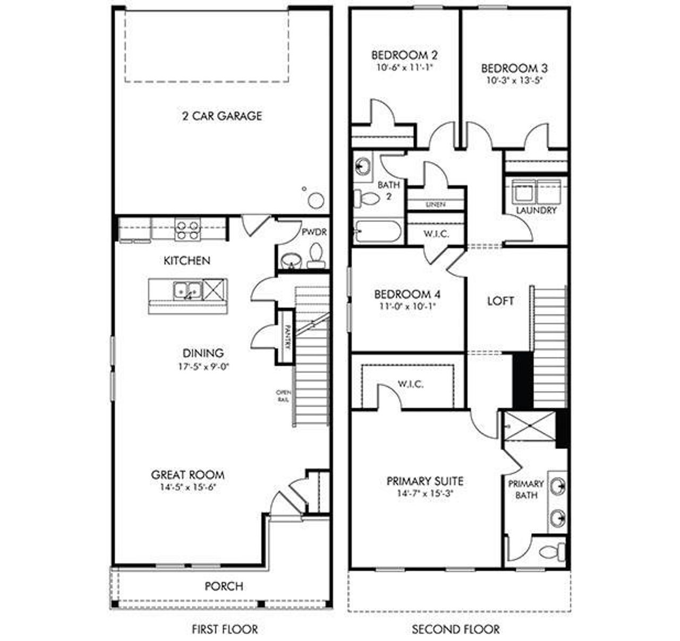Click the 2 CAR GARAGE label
(x=222, y=116)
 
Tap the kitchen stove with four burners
(x=188, y=229)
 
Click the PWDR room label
(x=313, y=232)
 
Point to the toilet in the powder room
(x=316, y=255)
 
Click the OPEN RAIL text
(x=283, y=396)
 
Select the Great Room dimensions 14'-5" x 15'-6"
(x=188, y=488)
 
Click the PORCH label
(x=224, y=586)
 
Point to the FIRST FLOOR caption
(x=225, y=629)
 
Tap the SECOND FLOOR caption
(x=456, y=629)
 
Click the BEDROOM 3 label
(x=507, y=69)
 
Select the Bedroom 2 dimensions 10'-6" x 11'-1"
(x=404, y=67)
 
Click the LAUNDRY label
(x=536, y=210)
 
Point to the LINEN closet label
(x=436, y=204)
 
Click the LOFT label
(x=500, y=301)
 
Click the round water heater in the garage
(x=316, y=200)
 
